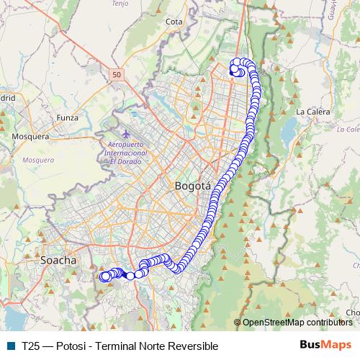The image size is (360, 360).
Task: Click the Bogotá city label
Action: tap(193, 186)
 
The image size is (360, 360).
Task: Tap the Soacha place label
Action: tap(59, 258)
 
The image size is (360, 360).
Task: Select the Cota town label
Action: tap(174, 22)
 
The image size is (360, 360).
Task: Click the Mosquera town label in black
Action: tap(30, 135)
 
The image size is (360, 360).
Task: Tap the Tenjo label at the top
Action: tap(120, 4)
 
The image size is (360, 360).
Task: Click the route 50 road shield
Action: tap(117, 73)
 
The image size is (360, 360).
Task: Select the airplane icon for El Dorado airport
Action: tap(127, 134)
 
